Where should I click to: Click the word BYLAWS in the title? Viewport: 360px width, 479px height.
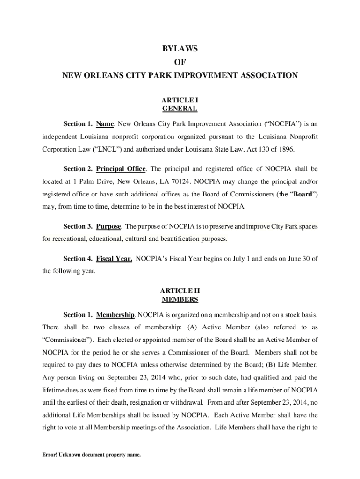(x=180, y=49)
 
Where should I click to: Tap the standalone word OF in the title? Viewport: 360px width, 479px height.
(x=180, y=62)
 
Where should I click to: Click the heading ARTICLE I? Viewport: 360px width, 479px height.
(x=180, y=101)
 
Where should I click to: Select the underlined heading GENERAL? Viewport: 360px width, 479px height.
(x=180, y=109)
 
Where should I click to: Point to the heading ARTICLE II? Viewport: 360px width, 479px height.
(x=180, y=290)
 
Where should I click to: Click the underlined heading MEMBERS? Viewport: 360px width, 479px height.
(x=180, y=299)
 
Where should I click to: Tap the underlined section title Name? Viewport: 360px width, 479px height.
(x=105, y=124)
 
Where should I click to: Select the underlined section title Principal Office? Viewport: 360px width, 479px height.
(x=121, y=168)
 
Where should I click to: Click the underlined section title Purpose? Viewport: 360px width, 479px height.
(x=108, y=227)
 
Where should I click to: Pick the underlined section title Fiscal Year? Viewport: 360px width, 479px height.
(x=114, y=259)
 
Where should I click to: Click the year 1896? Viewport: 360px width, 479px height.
(x=286, y=149)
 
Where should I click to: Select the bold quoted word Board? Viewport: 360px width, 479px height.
(x=302, y=194)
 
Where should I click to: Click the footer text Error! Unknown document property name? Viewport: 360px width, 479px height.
(x=92, y=454)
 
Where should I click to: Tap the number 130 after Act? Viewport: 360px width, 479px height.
(x=262, y=149)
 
